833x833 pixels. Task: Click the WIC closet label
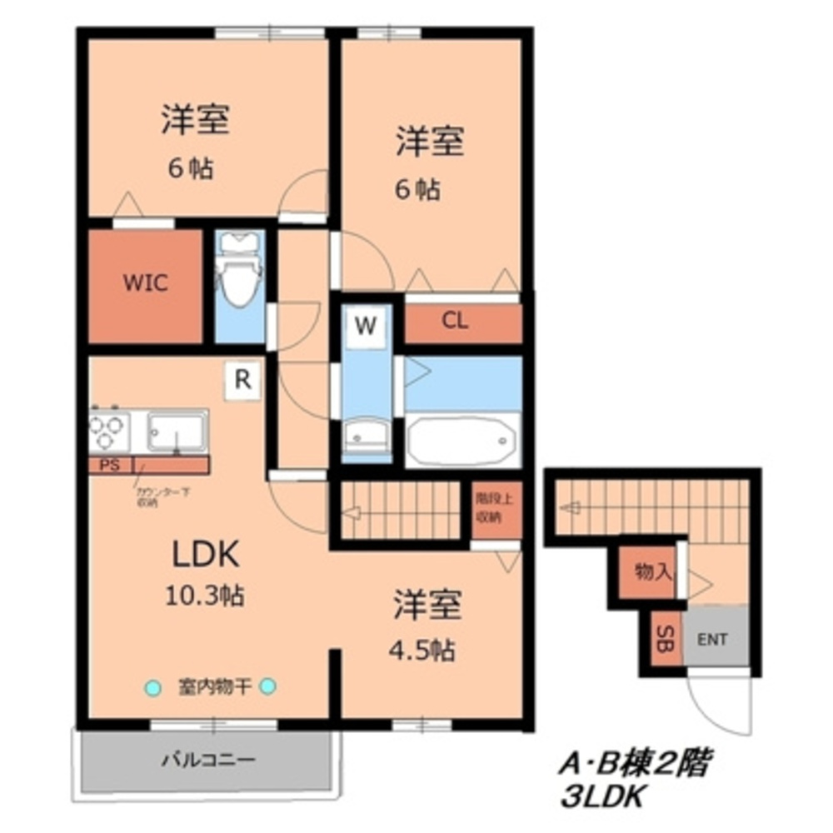click(x=146, y=282)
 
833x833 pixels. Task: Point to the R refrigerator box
click(x=242, y=380)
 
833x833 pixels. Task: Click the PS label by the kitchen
click(x=109, y=466)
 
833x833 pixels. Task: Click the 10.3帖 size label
click(x=206, y=596)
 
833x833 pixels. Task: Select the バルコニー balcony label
click(x=197, y=760)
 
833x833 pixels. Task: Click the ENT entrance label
click(x=712, y=640)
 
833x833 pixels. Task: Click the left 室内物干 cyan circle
click(x=152, y=687)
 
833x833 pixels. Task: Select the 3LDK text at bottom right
click(x=601, y=797)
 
